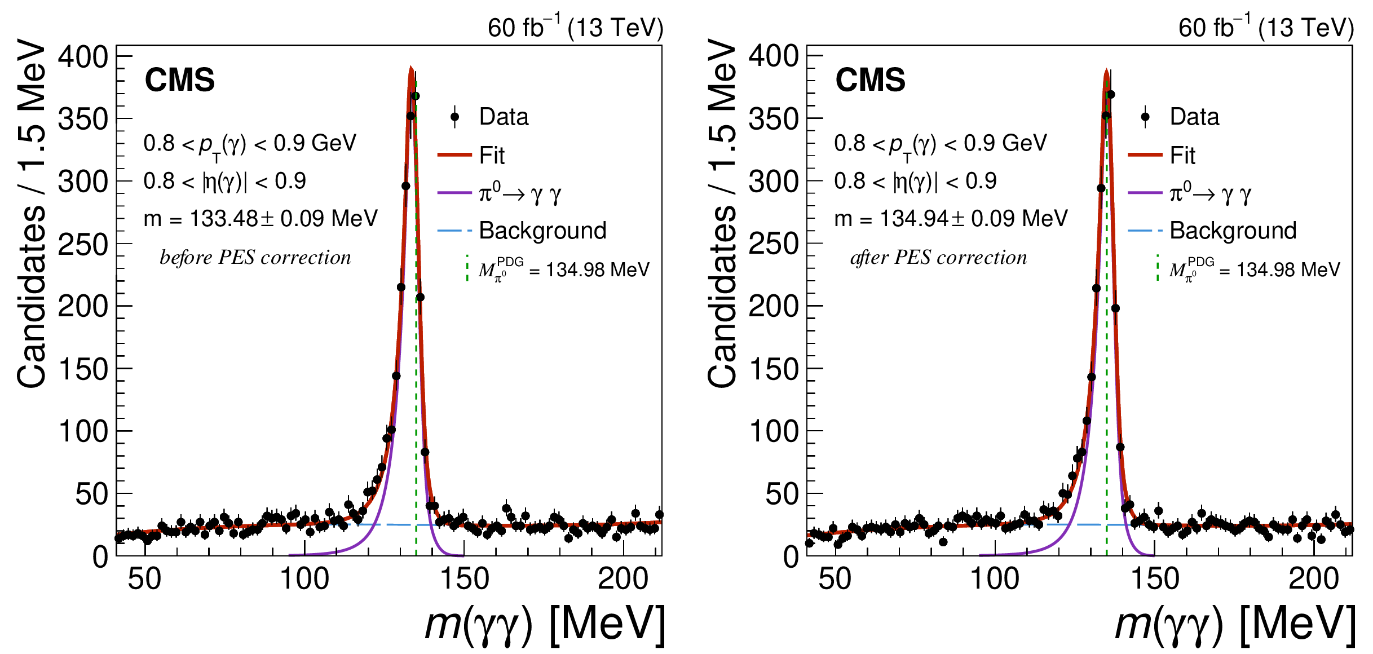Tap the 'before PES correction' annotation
255,257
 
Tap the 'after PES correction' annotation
939,257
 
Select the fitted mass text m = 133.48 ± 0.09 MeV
261,218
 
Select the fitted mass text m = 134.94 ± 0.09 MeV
951,218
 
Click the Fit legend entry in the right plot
1182,155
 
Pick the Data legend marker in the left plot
455,117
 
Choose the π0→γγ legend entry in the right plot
1210,193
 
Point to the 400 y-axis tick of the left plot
83,57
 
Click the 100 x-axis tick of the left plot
304,579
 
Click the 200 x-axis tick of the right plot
1313,579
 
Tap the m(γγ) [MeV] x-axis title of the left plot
545,624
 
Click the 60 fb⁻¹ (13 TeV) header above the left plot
575,27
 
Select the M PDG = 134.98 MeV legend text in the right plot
1255,270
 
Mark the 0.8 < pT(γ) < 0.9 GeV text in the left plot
250,144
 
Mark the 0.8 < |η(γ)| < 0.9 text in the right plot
915,181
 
